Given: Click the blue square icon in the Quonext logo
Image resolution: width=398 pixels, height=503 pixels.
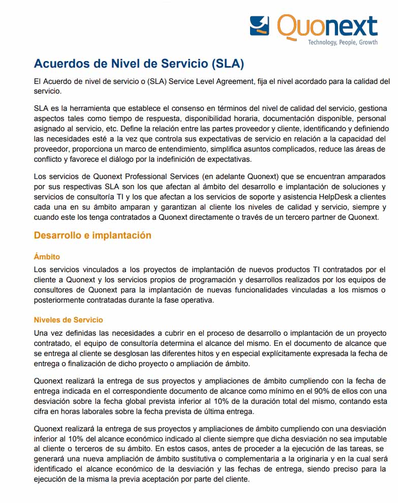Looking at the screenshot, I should [259, 25].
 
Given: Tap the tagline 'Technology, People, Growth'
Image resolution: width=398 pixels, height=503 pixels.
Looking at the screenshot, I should [343, 42].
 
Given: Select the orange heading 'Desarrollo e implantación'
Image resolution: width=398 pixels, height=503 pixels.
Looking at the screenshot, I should [93, 235].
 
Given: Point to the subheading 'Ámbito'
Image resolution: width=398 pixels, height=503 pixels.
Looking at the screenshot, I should [47, 257].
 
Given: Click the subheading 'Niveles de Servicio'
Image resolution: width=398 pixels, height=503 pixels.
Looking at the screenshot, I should [68, 320].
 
